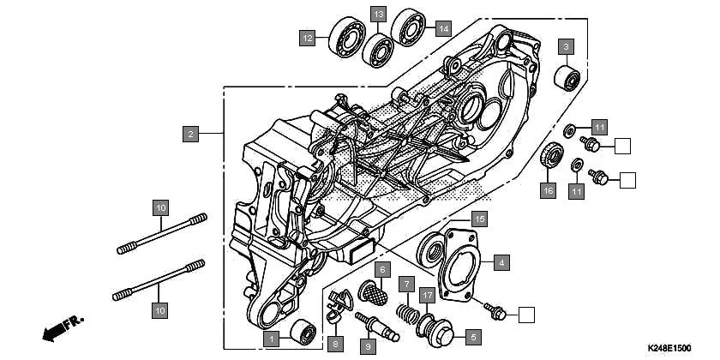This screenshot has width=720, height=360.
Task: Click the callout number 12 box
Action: pyautogui.click(x=307, y=38)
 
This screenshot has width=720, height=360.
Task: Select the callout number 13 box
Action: pyautogui.click(x=378, y=14)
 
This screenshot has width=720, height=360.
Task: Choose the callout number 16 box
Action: pyautogui.click(x=547, y=189)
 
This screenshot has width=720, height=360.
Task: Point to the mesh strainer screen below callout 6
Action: pyautogui.click(x=375, y=291)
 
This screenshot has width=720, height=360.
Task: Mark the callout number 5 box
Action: pyautogui.click(x=471, y=336)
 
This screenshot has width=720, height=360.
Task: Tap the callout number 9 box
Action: pyautogui.click(x=367, y=346)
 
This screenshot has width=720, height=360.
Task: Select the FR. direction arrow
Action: pyautogui.click(x=62, y=327)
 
